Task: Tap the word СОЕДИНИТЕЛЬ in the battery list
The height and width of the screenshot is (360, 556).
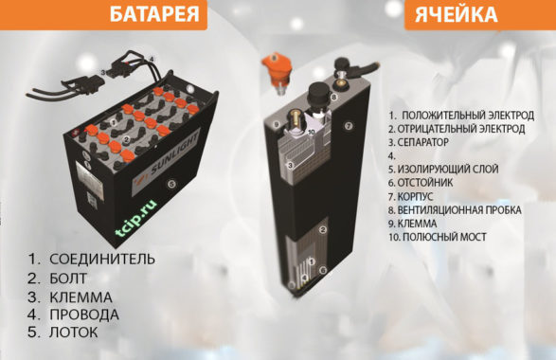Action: (x=102, y=260)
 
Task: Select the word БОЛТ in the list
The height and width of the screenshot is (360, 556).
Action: (x=68, y=279)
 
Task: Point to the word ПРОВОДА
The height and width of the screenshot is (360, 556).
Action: (x=84, y=315)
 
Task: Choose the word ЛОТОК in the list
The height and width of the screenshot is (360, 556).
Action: (x=73, y=333)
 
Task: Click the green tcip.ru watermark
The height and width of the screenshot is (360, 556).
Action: (x=136, y=218)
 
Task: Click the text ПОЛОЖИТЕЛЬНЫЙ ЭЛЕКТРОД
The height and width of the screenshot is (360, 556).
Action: (x=468, y=116)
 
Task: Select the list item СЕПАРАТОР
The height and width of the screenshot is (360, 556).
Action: (x=422, y=142)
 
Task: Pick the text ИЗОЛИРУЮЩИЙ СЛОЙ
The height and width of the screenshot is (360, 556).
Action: (x=448, y=170)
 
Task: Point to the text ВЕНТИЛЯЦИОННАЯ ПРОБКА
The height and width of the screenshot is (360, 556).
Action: (x=459, y=210)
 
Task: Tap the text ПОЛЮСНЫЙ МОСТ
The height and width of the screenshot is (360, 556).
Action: (x=444, y=237)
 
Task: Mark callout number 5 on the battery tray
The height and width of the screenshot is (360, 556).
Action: (x=171, y=184)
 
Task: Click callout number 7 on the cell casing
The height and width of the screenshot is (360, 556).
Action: (x=349, y=126)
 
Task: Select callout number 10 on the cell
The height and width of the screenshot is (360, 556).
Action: (x=312, y=132)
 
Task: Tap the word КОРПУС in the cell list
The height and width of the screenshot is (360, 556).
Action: (x=415, y=196)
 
